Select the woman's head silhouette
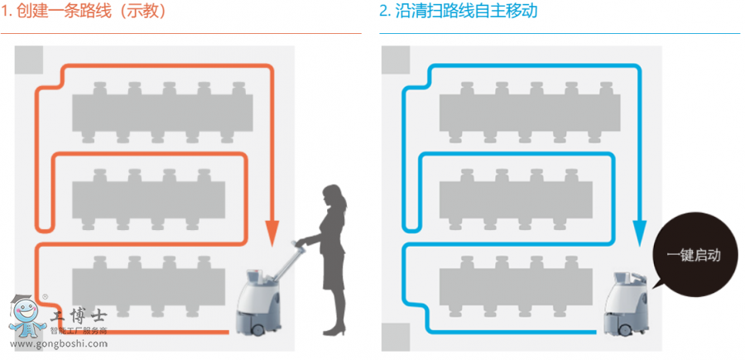tap(333, 196)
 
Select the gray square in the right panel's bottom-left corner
tap(396, 336)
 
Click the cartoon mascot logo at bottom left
tap(26, 317)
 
